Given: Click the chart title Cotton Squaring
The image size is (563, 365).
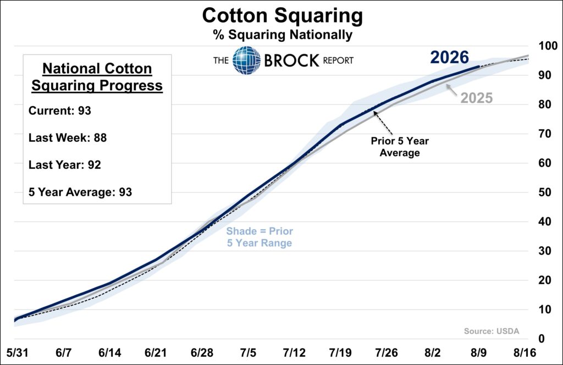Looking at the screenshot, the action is click(283, 16).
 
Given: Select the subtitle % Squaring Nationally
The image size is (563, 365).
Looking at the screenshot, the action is click(283, 35).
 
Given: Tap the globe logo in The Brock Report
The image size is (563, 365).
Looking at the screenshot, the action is click(246, 60).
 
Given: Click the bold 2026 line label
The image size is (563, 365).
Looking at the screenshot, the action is click(450, 57).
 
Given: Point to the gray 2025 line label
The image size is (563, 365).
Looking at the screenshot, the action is click(477, 98).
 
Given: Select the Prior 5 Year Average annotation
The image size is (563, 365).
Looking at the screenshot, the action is click(400, 147).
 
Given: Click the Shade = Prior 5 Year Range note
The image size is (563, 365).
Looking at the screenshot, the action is click(260, 237).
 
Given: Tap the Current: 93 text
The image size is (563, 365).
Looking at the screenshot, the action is click(60, 110).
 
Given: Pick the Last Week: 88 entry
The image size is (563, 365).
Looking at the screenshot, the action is click(68, 138).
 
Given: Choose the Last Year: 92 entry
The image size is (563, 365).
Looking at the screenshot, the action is click(65, 165).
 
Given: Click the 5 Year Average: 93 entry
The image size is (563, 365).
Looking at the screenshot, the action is click(80, 192).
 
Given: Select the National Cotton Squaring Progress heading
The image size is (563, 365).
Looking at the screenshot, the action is click(97, 77).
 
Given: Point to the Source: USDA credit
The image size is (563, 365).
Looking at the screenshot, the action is click(492, 331).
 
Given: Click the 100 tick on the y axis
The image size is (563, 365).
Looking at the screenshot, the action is click(548, 46).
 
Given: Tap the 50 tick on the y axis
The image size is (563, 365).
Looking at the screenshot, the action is click(545, 192).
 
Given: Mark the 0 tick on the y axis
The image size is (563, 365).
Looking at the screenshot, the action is click(542, 339).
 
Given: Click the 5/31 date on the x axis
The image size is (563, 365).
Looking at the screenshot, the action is click(17, 353).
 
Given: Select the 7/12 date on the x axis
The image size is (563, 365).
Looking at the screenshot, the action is click(294, 353).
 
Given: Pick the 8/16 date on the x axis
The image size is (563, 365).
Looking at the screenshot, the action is click(525, 353).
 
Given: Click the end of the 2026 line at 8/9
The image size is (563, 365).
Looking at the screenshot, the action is click(479, 67).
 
